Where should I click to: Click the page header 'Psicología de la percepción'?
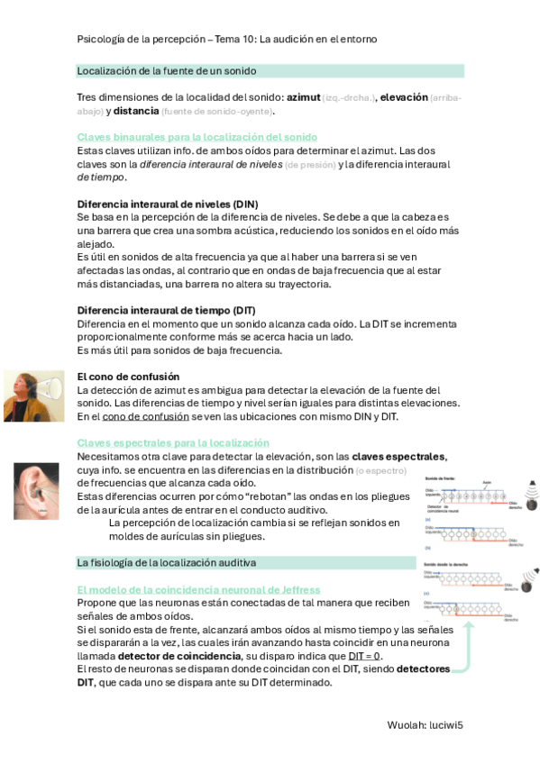(141, 40)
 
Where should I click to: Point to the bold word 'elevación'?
(404, 97)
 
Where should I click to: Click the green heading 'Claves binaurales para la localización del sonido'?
(197, 137)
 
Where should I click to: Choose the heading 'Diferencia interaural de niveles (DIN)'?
(168, 205)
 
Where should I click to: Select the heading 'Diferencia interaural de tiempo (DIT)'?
(167, 311)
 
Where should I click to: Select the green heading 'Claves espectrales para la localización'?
(173, 442)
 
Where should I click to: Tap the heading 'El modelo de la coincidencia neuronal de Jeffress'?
(198, 589)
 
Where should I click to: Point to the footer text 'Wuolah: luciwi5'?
(425, 723)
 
